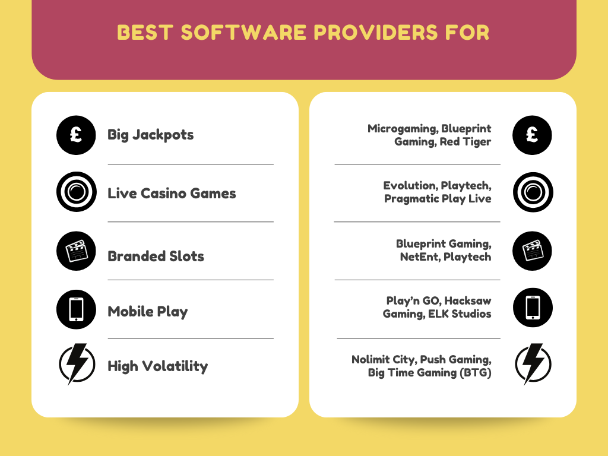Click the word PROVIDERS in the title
click(375, 32)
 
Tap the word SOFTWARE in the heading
click(243, 32)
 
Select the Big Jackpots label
click(150, 135)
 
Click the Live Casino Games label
click(172, 193)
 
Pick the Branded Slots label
click(156, 256)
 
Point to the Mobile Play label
click(148, 312)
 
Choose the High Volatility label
click(158, 366)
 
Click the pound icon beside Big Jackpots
click(76, 135)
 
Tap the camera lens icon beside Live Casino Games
click(77, 192)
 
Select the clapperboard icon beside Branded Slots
click(76, 251)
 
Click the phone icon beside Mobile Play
click(76, 309)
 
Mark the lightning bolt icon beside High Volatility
click(77, 364)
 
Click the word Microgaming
click(403, 129)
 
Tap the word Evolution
click(410, 185)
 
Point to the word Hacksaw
click(468, 300)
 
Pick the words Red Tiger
click(465, 142)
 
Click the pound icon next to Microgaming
click(532, 135)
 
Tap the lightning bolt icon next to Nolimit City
click(533, 364)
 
